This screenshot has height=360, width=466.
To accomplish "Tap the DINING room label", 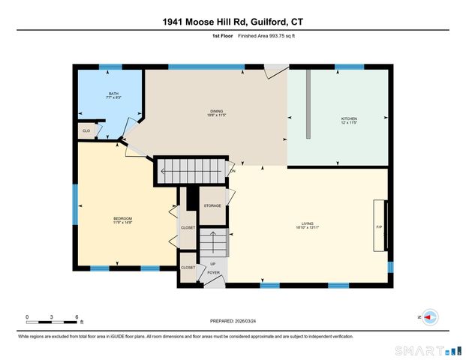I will pyautogui.click(x=217, y=112).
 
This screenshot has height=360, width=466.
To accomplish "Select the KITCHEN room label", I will pyautogui.click(x=350, y=118).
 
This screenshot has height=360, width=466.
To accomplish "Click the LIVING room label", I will pyautogui.click(x=308, y=223).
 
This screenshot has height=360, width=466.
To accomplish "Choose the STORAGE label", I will pyautogui.click(x=212, y=205).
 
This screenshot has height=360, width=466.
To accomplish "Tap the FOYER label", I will pyautogui.click(x=214, y=273).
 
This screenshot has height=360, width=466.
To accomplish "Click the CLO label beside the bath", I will pyautogui.click(x=86, y=131).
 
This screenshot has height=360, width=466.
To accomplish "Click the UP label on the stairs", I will pyautogui.click(x=213, y=264).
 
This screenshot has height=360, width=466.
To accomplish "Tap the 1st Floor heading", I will pyautogui.click(x=221, y=35).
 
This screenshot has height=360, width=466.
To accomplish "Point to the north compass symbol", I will pyautogui.click(x=429, y=317).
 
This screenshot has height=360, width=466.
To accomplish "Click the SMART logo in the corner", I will pyautogui.click(x=426, y=350).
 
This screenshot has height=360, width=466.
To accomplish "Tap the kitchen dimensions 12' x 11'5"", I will pyautogui.click(x=350, y=124).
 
